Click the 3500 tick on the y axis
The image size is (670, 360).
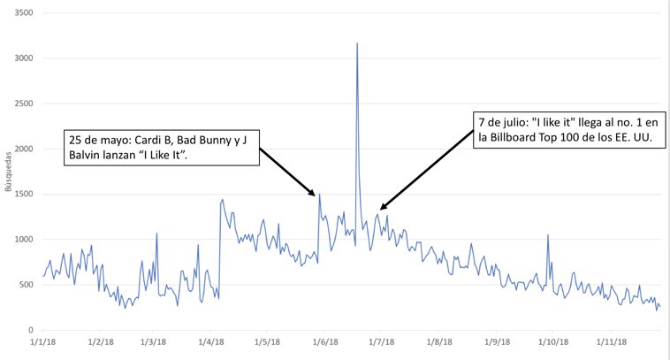point(22,13)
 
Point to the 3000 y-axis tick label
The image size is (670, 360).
point(22,58)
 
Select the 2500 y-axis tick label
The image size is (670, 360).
point(22,103)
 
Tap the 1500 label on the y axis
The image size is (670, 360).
point(22,194)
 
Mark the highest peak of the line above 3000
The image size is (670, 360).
point(357,43)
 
